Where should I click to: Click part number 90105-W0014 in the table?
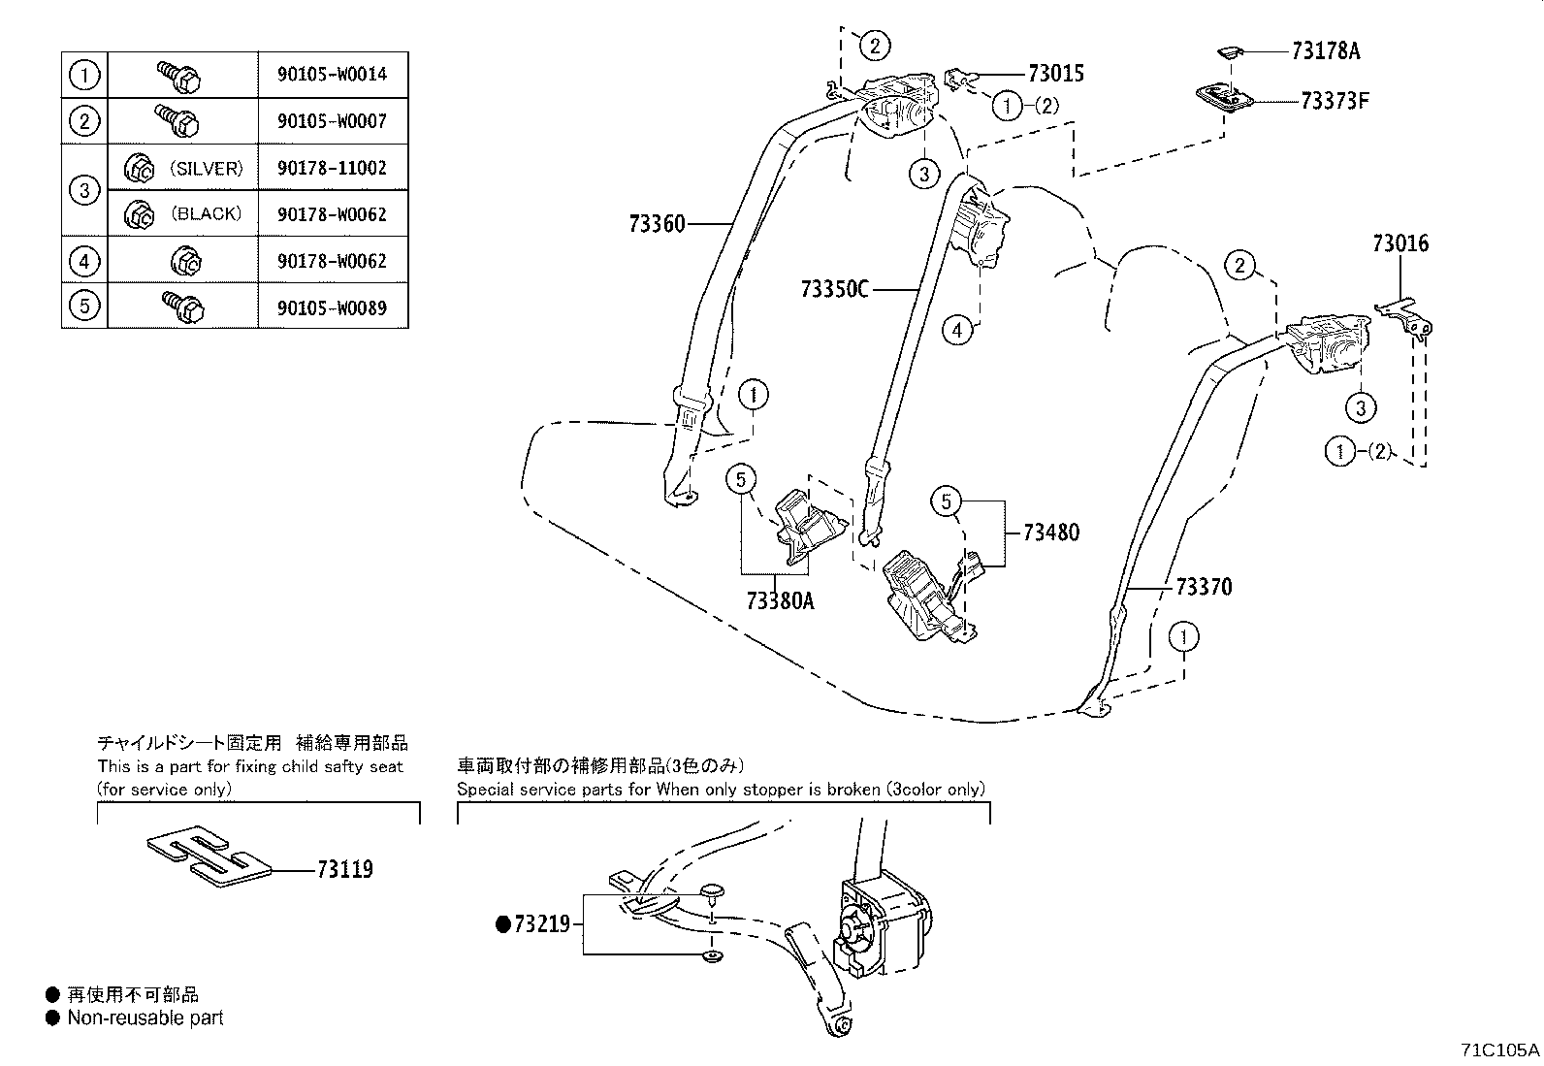332,74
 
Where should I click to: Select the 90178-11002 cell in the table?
332,167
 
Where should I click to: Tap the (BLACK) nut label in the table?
207,213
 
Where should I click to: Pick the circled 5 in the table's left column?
84,306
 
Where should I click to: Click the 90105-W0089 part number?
332,307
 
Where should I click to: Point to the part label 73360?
657,224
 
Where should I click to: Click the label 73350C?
835,289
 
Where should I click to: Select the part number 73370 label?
1204,587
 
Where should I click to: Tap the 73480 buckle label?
1051,533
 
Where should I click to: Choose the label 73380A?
781,600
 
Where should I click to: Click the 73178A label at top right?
1325,51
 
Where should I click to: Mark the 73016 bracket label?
1400,243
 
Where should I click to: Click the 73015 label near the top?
1056,74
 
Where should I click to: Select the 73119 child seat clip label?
344,869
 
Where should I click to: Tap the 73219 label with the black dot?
541,924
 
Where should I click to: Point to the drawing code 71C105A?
1500,1050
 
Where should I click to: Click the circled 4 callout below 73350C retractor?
956,330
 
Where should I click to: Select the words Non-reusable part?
145,1018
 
